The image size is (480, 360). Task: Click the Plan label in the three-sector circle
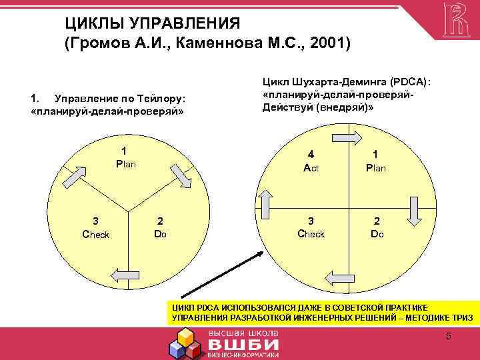(125, 163)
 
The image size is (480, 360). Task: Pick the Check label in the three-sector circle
(95, 234)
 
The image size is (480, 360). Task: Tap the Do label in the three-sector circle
(160, 234)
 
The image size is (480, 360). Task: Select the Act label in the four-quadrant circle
(311, 168)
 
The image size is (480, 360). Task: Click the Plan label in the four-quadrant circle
(376, 168)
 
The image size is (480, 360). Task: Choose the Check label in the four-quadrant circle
(311, 234)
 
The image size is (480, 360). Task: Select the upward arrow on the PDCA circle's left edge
(264, 200)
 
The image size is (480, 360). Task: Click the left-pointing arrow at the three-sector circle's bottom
(125, 274)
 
